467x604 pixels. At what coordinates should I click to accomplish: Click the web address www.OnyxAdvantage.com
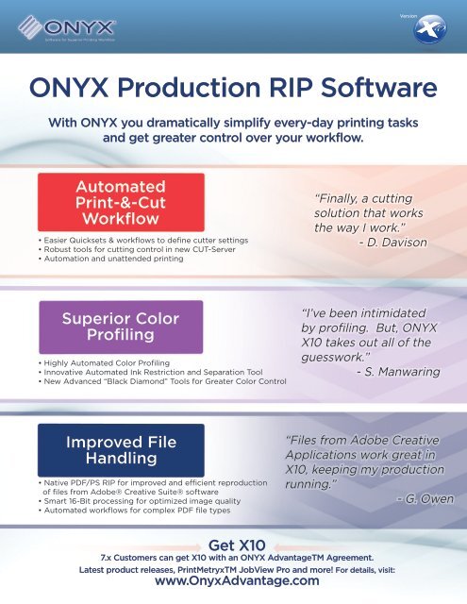coord(234,582)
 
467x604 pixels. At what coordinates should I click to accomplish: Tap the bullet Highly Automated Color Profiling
coord(103,362)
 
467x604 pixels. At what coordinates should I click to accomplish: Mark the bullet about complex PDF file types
coord(131,511)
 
